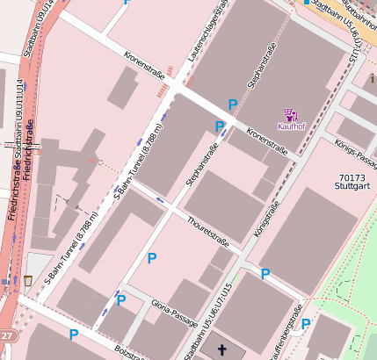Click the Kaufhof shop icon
tap(290, 113)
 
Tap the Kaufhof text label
tap(290, 126)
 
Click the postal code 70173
tap(351, 177)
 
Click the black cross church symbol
tap(221, 350)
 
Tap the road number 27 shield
tap(7, 336)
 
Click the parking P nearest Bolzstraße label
tap(74, 335)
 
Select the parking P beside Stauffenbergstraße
tap(306, 324)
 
